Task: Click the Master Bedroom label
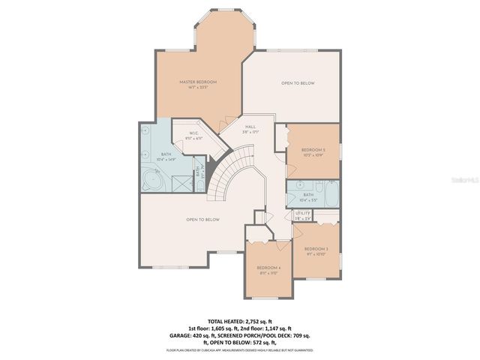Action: [x=198, y=81]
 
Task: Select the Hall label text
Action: [x=250, y=127]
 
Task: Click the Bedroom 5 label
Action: [x=313, y=150]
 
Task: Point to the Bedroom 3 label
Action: [x=316, y=248]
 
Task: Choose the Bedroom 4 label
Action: [x=268, y=268]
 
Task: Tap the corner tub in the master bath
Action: [x=153, y=179]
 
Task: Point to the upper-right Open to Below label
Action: [x=298, y=82]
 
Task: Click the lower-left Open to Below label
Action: [x=202, y=219]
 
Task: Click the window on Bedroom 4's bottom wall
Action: [x=268, y=298]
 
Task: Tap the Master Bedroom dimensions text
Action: [x=198, y=87]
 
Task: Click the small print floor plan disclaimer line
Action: [x=240, y=350]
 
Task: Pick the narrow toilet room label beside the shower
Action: [x=199, y=172]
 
